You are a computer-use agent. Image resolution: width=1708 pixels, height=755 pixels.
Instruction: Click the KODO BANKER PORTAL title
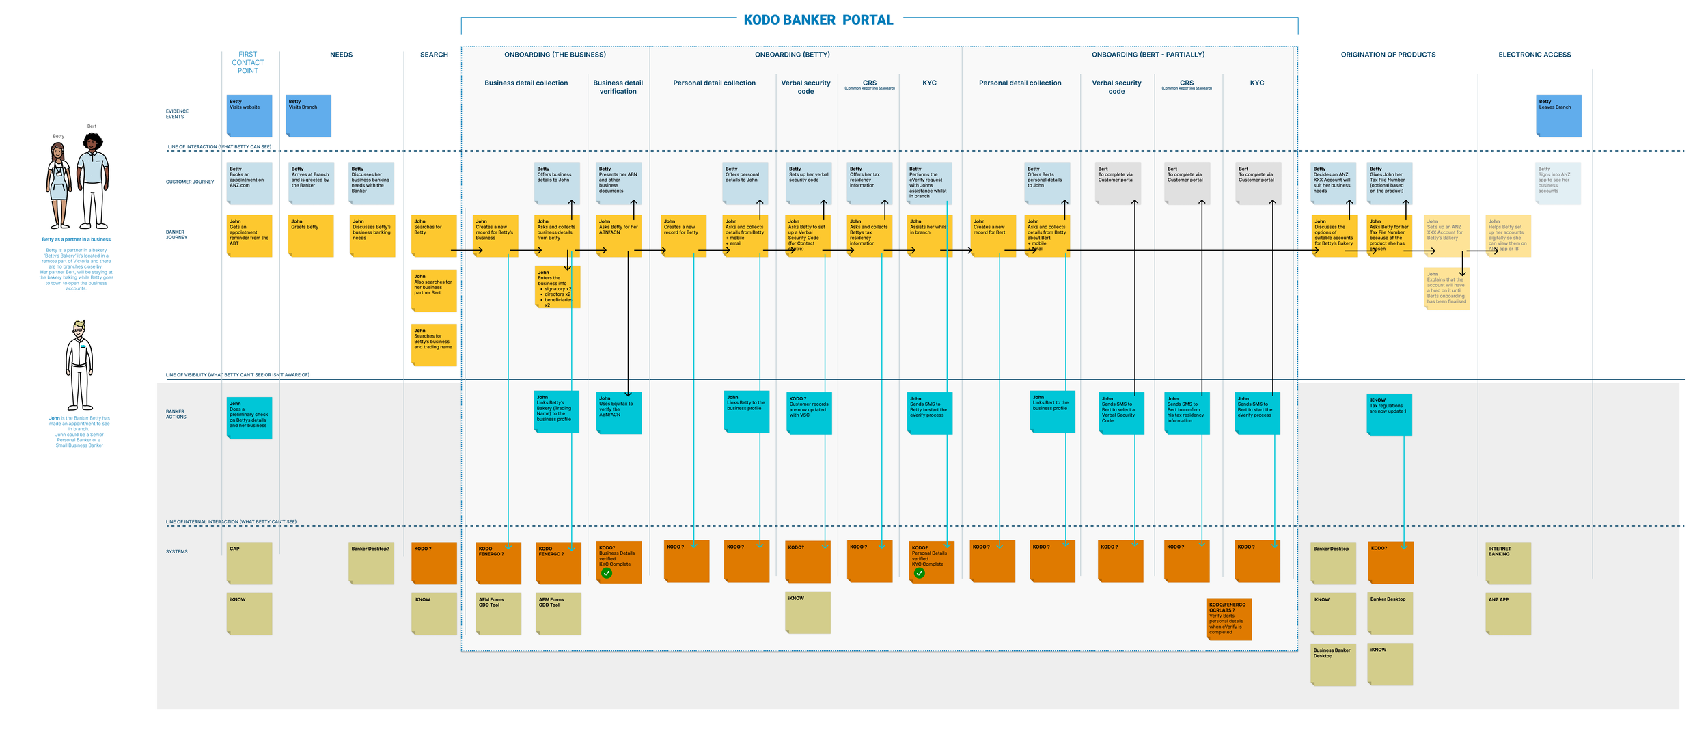[x=818, y=20]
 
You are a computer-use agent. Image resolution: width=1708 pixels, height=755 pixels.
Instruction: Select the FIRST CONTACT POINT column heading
[x=247, y=62]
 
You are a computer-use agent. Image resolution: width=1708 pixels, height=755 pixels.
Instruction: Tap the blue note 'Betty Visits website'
[x=249, y=115]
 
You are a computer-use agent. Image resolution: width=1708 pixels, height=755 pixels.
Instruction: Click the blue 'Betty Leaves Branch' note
[x=1558, y=115]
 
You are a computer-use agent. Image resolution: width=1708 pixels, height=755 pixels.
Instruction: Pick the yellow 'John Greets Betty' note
[x=311, y=236]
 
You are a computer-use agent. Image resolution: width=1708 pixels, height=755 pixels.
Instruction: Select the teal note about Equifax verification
[x=619, y=413]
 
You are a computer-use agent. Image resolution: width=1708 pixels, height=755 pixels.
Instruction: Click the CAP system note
[x=249, y=563]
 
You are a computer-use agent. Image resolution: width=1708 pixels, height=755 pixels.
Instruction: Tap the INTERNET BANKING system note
[x=1509, y=563]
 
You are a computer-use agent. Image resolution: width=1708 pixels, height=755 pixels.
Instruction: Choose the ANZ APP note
[x=1509, y=614]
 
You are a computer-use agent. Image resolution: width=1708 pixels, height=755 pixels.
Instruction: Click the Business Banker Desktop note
[x=1333, y=664]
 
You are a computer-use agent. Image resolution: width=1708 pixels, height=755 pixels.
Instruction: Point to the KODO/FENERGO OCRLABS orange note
[x=1228, y=619]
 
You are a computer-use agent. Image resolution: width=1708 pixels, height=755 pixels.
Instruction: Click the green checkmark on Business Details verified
[x=607, y=573]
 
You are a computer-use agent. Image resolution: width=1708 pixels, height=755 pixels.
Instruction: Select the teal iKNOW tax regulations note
[x=1389, y=414]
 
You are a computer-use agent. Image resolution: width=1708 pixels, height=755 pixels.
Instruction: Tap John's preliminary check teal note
[x=249, y=417]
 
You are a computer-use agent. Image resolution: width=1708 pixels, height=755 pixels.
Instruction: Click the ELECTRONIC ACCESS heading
[x=1534, y=55]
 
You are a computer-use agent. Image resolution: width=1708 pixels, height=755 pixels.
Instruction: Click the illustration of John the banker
[x=79, y=366]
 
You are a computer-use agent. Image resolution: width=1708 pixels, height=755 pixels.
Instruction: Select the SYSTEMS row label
[x=176, y=551]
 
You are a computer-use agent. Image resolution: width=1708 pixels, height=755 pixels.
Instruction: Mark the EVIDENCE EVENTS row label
[x=176, y=114]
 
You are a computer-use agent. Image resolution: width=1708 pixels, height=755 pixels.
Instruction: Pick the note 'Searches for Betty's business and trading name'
[x=434, y=345]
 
